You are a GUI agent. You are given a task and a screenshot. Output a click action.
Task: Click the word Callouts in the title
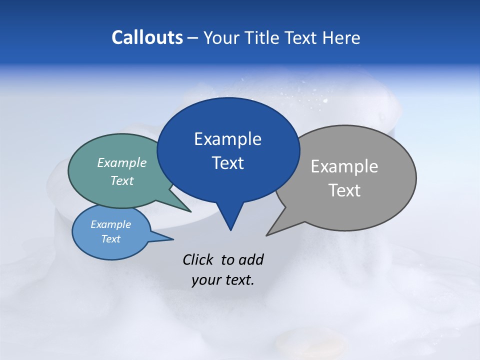click(x=147, y=37)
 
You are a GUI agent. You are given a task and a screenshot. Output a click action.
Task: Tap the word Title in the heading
click(x=265, y=37)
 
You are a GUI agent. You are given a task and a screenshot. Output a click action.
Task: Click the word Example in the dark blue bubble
click(x=227, y=139)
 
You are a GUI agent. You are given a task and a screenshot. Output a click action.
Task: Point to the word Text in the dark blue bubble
click(x=227, y=163)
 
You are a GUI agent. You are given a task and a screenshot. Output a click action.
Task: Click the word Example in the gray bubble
click(x=344, y=166)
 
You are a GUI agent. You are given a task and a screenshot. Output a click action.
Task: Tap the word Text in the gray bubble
click(x=344, y=190)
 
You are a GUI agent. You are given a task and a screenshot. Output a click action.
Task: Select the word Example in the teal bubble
click(x=122, y=163)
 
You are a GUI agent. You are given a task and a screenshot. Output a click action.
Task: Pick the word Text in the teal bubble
click(x=122, y=181)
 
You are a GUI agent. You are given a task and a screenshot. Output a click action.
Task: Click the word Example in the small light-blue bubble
click(x=110, y=224)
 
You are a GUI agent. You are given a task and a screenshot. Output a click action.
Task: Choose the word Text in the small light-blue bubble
click(x=110, y=239)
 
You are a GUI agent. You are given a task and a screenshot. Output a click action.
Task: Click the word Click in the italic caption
click(x=198, y=259)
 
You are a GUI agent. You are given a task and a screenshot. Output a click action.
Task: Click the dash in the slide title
click(x=193, y=37)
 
